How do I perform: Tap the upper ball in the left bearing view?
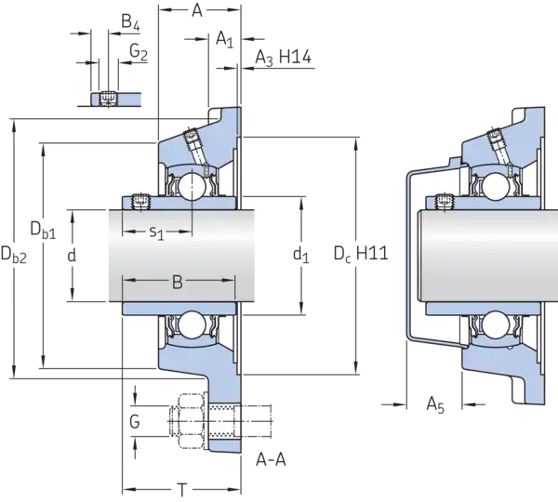point(193,185)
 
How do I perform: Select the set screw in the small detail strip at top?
point(109,98)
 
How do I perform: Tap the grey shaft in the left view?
point(177,256)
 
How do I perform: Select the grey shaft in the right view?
point(484,256)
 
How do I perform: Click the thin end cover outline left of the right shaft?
point(406,256)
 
